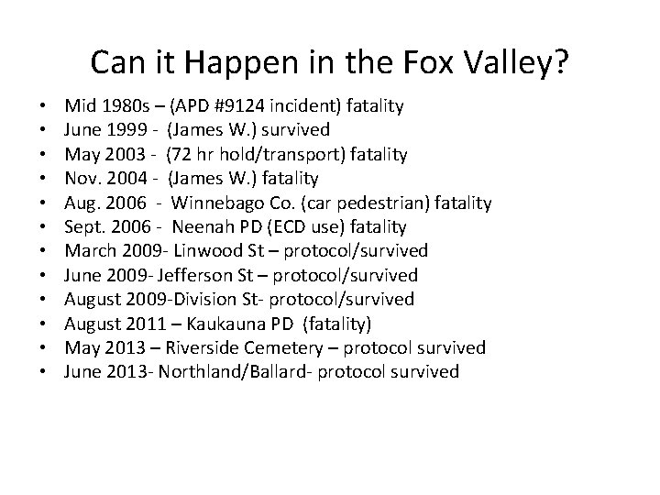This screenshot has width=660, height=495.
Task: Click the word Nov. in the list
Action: click(84, 179)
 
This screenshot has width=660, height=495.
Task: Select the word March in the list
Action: click(89, 251)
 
